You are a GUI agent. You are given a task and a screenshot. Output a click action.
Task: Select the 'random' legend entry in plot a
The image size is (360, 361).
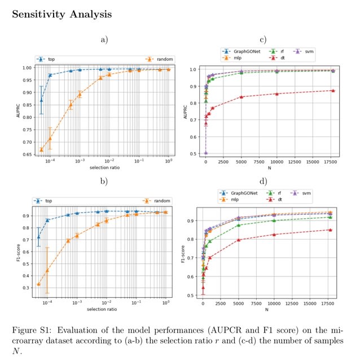tap(162, 59)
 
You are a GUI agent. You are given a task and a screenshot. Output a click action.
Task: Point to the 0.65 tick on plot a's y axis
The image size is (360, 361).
tap(27, 155)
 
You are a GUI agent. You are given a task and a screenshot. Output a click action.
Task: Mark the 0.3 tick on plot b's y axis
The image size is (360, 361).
tap(27, 288)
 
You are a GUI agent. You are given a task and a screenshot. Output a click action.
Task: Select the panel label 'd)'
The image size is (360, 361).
tap(262, 182)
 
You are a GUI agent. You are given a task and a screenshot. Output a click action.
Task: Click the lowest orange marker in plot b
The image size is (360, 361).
tap(39, 284)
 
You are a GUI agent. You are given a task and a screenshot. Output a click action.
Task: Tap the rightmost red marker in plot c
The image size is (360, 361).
tap(333, 90)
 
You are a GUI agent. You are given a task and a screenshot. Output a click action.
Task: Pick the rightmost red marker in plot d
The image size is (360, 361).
tap(333, 230)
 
